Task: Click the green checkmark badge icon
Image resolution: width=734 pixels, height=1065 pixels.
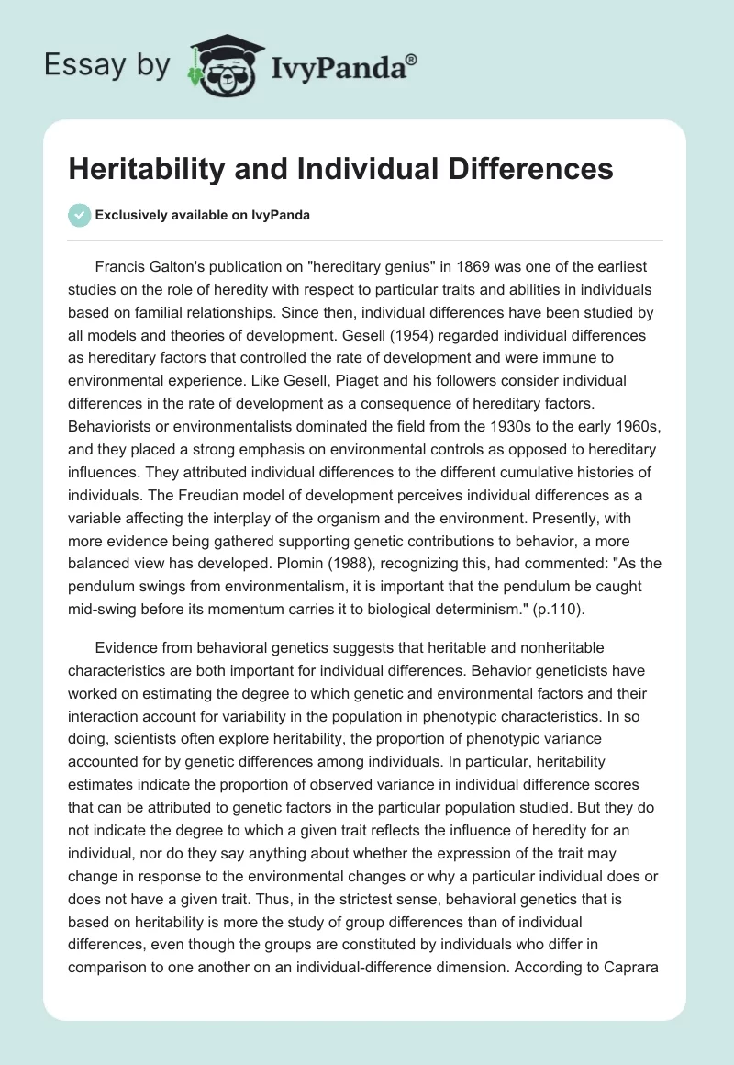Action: [x=79, y=215]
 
